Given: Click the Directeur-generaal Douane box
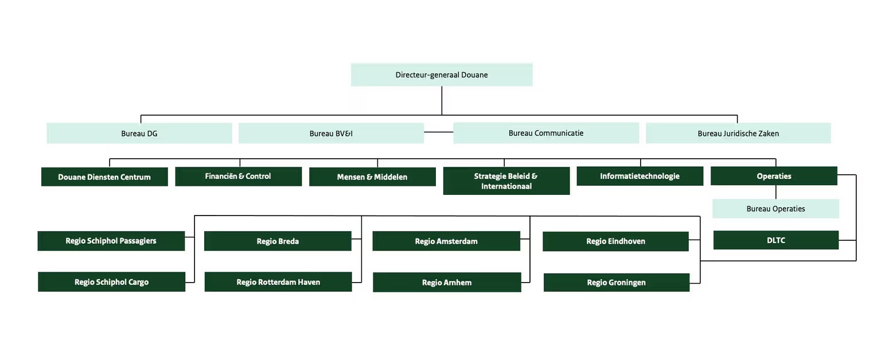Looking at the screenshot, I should pos(441,75).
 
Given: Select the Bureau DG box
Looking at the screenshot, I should pos(139,134).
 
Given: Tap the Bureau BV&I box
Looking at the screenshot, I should pos(331,134).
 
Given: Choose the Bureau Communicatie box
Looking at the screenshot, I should pos(545,133).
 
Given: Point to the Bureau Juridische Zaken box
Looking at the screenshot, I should pos(738,134).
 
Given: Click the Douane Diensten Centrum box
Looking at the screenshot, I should pos(104,177).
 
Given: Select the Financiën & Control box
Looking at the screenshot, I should pos(238,177).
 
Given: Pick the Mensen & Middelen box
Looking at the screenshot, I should pos(372,177).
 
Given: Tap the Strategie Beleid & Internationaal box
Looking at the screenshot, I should pos(506,181).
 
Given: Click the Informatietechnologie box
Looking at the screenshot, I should pos(640,176).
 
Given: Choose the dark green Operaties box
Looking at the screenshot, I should pos(774,176).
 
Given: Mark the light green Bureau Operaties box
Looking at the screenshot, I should pos(775,209).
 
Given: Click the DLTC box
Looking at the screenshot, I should pos(775,240).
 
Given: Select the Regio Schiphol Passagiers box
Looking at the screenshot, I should pos(111,241).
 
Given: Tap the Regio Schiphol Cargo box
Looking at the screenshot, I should pos(111,282).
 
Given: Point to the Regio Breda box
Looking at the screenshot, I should pos(278,241).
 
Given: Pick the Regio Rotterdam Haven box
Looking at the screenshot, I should pos(278,282).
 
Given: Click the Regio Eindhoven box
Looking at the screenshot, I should pos(615,241).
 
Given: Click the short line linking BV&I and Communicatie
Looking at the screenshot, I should pos(439,132).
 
